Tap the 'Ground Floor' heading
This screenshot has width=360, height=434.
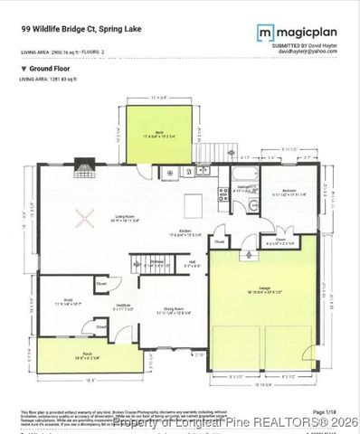tap(44, 68)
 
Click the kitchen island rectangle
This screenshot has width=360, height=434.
tap(193, 202)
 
